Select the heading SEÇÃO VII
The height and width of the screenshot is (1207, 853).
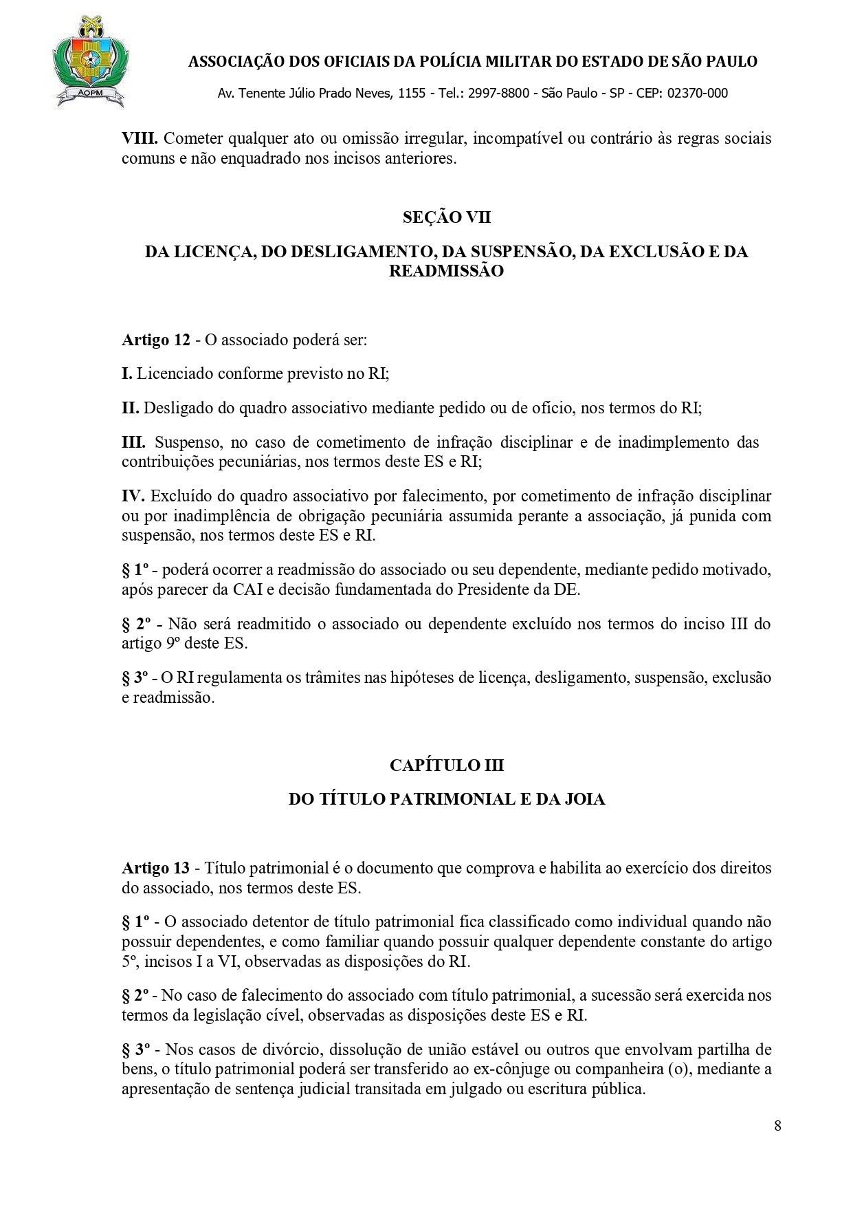coord(447,217)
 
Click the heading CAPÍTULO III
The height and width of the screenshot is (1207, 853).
coord(447,765)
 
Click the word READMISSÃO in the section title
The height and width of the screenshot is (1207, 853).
coord(447,271)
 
